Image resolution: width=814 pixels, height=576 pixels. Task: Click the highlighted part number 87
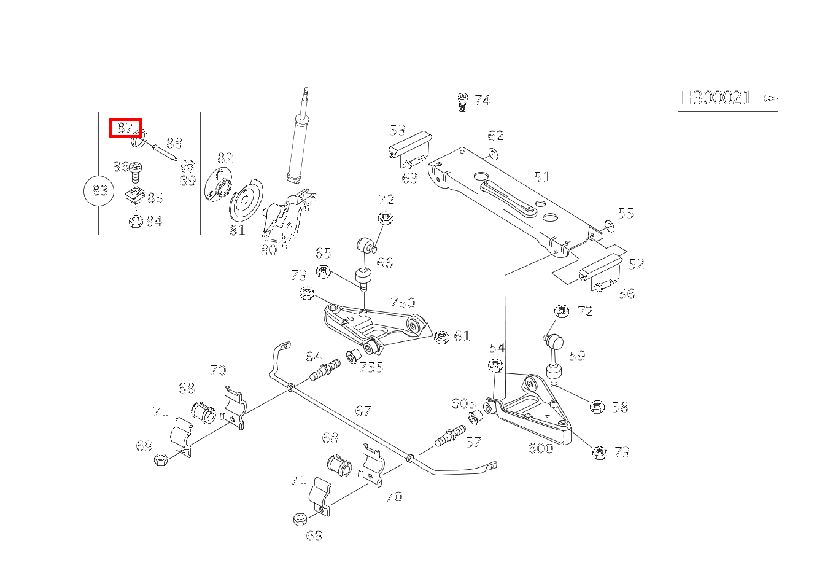pyautogui.click(x=125, y=128)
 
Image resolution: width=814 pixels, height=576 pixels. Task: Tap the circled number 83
pyautogui.click(x=99, y=191)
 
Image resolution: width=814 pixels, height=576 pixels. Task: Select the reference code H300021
pyautogui.click(x=715, y=98)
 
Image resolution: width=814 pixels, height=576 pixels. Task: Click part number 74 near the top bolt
pyautogui.click(x=483, y=100)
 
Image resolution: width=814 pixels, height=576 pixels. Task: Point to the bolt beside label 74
pyautogui.click(x=463, y=101)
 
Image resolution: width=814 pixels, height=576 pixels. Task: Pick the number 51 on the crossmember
pyautogui.click(x=541, y=177)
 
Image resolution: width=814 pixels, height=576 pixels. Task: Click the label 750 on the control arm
pyautogui.click(x=403, y=303)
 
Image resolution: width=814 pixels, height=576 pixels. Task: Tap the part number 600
pyautogui.click(x=541, y=448)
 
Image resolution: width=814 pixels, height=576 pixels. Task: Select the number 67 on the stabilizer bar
pyautogui.click(x=363, y=410)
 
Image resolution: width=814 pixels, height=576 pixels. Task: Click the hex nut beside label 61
pyautogui.click(x=440, y=337)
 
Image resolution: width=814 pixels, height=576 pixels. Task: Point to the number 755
pyautogui.click(x=371, y=367)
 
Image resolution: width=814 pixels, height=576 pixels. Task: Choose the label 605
pyautogui.click(x=463, y=403)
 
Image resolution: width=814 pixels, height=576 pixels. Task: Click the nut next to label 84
pyautogui.click(x=136, y=222)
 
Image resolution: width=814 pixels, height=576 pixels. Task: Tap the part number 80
pyautogui.click(x=269, y=250)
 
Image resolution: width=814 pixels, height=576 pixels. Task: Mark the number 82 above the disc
pyautogui.click(x=225, y=158)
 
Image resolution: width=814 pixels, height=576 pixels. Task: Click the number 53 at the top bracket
pyautogui.click(x=398, y=130)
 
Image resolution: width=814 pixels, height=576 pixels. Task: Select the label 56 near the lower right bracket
pyautogui.click(x=627, y=294)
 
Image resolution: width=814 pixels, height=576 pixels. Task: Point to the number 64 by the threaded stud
pyautogui.click(x=313, y=357)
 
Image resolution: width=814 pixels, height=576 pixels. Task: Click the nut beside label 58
pyautogui.click(x=596, y=407)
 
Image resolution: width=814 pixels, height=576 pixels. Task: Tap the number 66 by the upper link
pyautogui.click(x=384, y=263)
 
